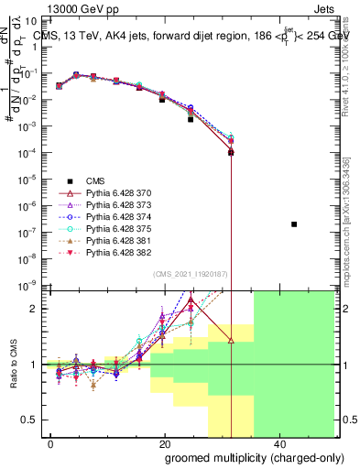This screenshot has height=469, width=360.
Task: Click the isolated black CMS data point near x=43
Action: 294,224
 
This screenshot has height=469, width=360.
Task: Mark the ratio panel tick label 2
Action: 37,309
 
